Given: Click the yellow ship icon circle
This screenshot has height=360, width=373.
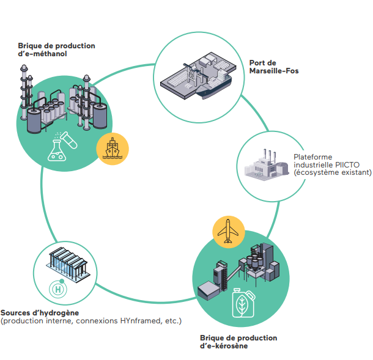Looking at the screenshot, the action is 113,149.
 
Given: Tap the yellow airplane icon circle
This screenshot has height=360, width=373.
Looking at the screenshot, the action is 229,232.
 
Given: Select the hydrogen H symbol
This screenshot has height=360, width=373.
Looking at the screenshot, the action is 58,289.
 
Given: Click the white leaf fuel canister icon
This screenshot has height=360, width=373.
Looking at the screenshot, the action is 243,303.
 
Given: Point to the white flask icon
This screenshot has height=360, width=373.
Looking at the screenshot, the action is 57,150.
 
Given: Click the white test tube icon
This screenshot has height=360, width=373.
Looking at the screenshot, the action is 68,140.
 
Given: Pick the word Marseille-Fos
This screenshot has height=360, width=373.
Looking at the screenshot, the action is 274,71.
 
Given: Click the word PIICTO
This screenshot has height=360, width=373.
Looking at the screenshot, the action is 347,165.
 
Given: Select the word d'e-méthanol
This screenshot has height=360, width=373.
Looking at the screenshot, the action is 42,54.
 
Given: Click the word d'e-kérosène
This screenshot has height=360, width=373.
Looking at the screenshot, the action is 224,346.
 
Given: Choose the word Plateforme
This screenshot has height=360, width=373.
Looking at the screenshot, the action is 313,157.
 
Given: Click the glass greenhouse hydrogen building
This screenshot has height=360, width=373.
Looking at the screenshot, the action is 68,265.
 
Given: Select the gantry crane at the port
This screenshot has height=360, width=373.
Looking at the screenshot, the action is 195,75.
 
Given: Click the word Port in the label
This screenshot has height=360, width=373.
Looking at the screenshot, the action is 256,63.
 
